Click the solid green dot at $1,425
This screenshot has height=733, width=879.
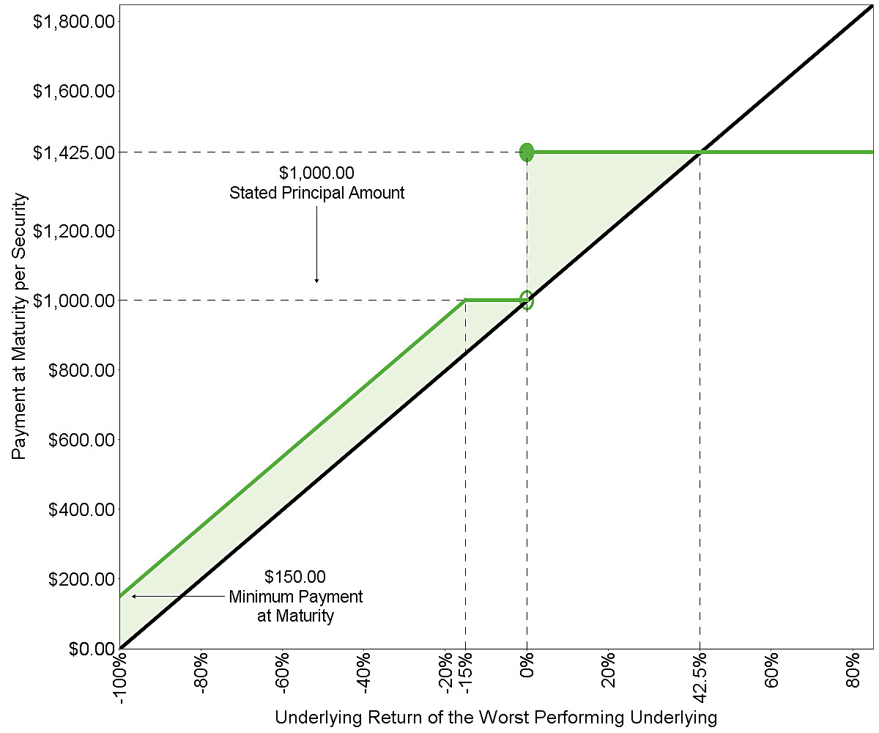coord(527,152)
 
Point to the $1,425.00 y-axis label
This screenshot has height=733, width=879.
coord(74,152)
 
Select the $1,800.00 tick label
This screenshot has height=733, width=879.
coord(74,21)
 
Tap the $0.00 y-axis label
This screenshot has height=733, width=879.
coord(92,649)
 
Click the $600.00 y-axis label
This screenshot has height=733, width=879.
coord(81,440)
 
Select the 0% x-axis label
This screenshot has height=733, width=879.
coord(527,665)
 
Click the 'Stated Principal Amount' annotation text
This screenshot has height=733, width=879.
coord(316,193)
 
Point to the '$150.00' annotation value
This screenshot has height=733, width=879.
coord(295,577)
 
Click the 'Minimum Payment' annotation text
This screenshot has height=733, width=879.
coord(295,597)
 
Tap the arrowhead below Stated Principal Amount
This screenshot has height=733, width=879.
coord(316,281)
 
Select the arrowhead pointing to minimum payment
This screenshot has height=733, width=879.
coord(134,596)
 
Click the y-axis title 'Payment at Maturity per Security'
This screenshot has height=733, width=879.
coord(18,326)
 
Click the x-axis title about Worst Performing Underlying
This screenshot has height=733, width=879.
coord(496,718)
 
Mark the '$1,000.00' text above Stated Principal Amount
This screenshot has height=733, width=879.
coord(316,173)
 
